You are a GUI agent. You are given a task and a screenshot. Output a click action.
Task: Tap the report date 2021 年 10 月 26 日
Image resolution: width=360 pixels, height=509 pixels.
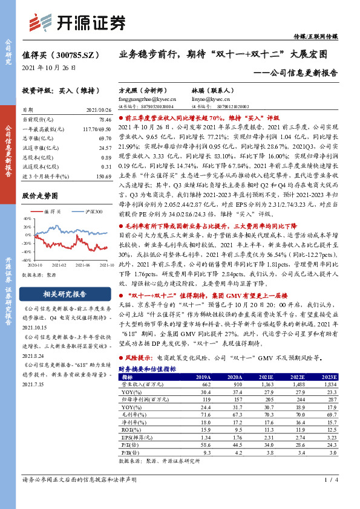tap(48, 66)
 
